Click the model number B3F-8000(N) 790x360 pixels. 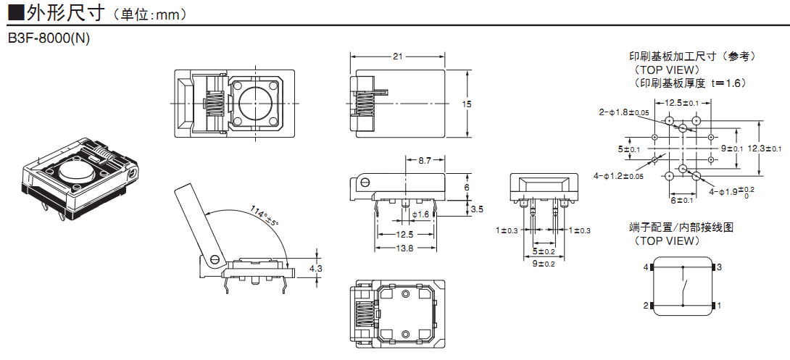pos(49,38)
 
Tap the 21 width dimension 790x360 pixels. pos(397,56)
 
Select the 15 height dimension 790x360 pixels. pos(466,104)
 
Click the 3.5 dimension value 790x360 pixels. pos(477,209)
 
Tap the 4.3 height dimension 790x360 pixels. pos(315,268)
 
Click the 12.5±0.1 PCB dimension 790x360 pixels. pos(682,103)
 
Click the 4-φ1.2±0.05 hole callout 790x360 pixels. pos(618,176)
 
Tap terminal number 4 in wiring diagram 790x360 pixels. pos(645,267)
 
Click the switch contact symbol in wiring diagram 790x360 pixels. pos(683,287)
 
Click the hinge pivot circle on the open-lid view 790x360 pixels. pos(215,258)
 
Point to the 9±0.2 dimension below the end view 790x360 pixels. pos(543,264)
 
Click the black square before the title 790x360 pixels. pos(14,12)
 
